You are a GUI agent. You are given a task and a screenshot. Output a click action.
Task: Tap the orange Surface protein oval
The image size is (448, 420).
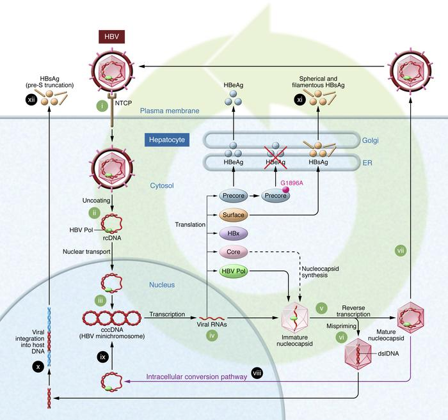(233, 216)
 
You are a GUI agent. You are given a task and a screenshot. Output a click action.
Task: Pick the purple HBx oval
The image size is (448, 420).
(233, 235)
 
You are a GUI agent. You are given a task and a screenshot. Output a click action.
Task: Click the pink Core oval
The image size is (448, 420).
(233, 253)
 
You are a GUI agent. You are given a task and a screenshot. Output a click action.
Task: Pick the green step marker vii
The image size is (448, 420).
(400, 251)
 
